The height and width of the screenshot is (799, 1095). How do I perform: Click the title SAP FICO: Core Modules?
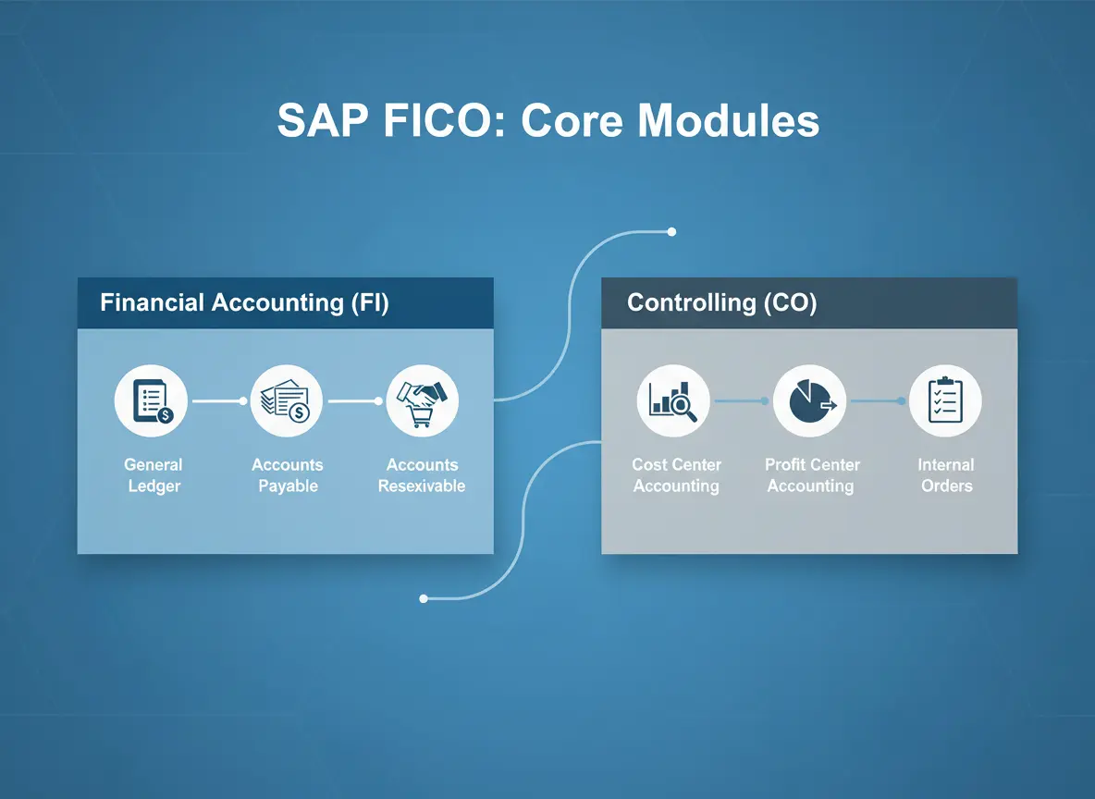[x=548, y=120]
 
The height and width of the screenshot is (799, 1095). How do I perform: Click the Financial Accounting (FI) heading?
[x=244, y=302]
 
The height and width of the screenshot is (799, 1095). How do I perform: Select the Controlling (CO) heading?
[x=722, y=302]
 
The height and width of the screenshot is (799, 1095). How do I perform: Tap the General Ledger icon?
[x=151, y=401]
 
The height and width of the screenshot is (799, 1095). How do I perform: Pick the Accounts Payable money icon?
[x=287, y=401]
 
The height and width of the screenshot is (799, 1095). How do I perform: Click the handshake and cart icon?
[x=423, y=401]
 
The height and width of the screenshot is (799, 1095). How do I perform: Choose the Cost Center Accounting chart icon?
[x=673, y=401]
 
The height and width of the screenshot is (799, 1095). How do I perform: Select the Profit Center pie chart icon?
[x=809, y=401]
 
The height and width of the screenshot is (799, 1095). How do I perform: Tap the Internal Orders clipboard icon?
[x=945, y=401]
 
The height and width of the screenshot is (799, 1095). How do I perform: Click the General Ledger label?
[x=154, y=475]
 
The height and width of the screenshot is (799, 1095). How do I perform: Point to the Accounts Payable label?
[x=288, y=475]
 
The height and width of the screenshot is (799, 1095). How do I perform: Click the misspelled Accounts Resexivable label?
[x=422, y=475]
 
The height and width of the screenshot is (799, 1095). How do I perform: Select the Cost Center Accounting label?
[x=676, y=475]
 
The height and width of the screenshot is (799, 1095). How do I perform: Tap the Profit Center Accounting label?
[x=811, y=475]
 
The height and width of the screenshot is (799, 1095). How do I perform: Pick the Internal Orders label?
[x=946, y=475]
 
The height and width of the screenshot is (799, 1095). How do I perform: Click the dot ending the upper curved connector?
[x=671, y=232]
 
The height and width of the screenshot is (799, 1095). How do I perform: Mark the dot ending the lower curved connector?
[x=424, y=598]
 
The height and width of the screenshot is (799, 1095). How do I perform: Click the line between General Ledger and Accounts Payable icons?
[x=219, y=401]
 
